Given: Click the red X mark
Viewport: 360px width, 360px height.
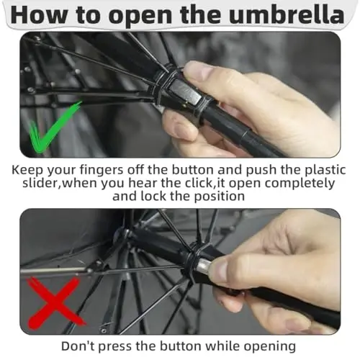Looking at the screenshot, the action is (x=55, y=304).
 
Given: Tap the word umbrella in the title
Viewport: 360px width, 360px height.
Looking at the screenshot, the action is (x=287, y=14).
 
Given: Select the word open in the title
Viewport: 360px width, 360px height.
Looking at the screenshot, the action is (x=142, y=17).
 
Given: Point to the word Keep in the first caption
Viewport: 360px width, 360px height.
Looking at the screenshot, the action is (x=27, y=170).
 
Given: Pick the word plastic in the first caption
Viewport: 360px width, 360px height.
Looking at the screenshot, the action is (x=325, y=170).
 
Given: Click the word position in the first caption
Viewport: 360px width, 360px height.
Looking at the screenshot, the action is (x=219, y=197).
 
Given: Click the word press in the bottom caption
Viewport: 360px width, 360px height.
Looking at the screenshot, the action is (x=115, y=347).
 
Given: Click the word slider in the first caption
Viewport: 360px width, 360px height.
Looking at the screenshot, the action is (x=39, y=183).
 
